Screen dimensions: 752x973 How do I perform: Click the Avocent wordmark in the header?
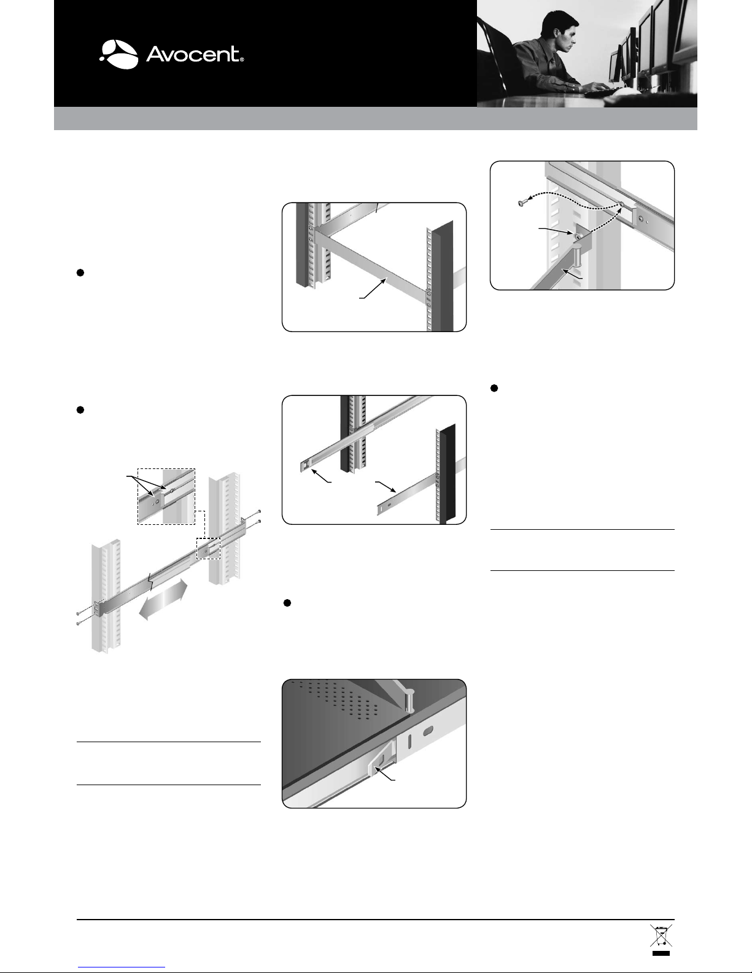coord(195,54)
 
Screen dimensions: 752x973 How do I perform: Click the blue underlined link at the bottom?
coord(122,966)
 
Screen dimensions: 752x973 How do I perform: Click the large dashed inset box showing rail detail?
coord(166,497)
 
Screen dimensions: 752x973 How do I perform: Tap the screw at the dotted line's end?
coord(521,204)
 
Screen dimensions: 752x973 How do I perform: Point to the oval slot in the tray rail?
coord(428,731)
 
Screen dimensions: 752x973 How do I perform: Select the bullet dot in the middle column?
coord(288,603)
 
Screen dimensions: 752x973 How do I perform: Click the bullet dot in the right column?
coord(494,388)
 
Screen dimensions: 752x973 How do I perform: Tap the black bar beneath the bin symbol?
coord(661,953)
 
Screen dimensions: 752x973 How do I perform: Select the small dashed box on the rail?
coord(209,549)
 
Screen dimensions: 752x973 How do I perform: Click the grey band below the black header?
coord(376,118)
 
